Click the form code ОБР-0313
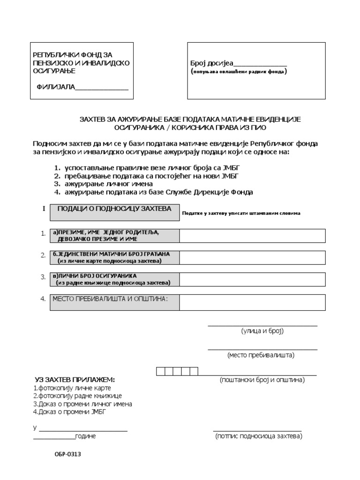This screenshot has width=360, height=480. tap(63, 454)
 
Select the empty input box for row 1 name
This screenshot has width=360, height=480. tap(252, 236)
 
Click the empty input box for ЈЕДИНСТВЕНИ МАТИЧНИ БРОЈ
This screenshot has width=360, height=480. tap(252, 257)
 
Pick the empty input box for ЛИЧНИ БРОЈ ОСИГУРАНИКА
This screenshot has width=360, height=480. tap(252, 279)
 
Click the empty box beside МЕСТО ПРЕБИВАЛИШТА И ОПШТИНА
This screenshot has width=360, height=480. tap(252, 302)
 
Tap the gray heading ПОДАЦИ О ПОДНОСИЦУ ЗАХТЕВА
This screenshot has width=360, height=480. tap(114, 209)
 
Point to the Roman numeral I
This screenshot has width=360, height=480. tap(44, 209)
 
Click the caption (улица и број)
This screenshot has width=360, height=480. tap(262, 331)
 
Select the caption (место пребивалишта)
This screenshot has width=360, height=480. tap(261, 355)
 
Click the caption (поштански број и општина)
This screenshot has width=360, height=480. tap(262, 380)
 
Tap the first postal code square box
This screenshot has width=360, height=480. tap(160, 372)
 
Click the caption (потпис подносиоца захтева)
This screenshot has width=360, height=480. tap(259, 436)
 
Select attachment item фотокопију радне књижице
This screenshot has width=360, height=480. tap(77, 396)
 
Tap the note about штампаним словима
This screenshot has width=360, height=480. tap(241, 213)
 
